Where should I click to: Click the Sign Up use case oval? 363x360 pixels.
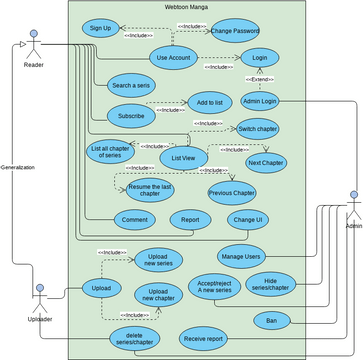click(101, 27)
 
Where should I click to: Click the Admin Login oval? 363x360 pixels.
click(260, 101)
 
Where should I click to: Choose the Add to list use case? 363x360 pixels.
click(209, 102)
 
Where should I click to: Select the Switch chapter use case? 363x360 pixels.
click(257, 128)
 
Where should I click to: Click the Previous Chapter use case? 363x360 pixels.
click(233, 192)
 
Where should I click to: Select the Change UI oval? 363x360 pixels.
click(246, 220)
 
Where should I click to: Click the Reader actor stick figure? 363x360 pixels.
click(33, 44)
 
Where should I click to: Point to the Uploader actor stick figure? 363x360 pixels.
click(39, 299)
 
